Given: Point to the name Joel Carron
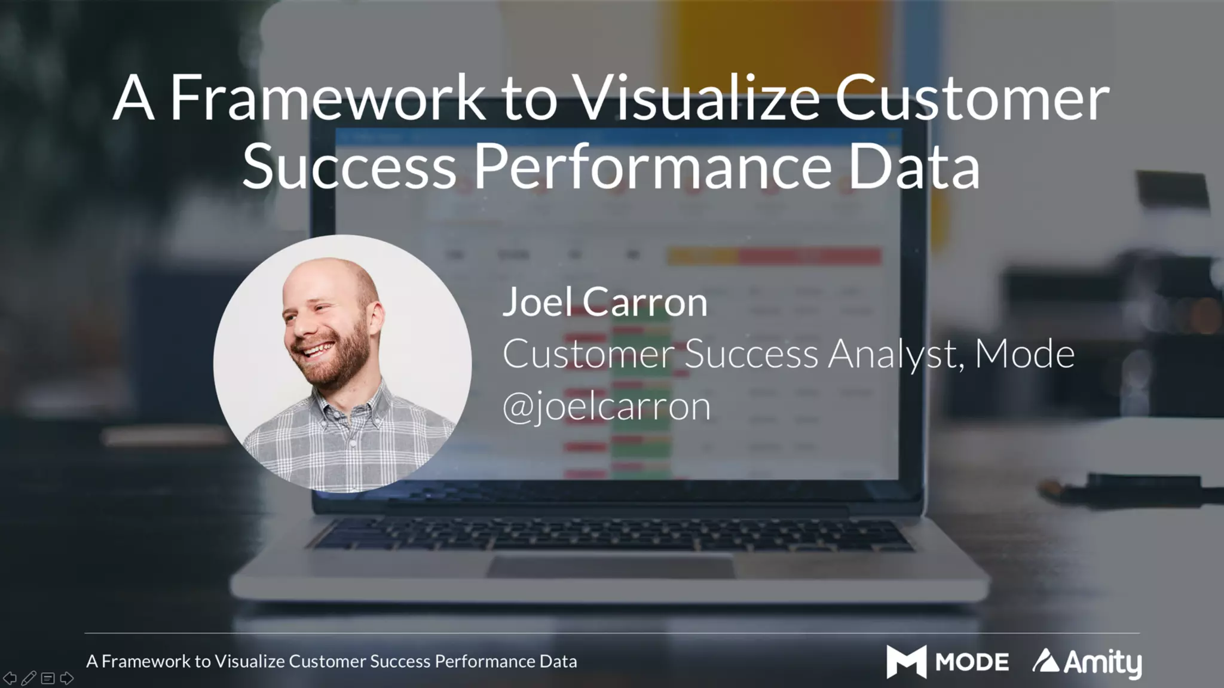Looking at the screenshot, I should (605, 302).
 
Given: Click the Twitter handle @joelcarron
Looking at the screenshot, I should (607, 407).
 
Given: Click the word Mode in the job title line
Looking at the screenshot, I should (1024, 354).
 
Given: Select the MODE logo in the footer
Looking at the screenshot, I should (947, 662).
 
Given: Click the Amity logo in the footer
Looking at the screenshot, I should (1087, 662).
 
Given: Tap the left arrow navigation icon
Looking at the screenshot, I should (10, 678).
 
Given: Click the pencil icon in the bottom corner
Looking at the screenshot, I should (29, 678).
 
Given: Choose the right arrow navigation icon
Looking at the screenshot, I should (67, 678).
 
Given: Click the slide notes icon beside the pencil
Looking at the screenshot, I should (48, 678).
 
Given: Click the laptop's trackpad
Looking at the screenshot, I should (610, 565).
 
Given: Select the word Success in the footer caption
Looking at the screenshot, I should (400, 662).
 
